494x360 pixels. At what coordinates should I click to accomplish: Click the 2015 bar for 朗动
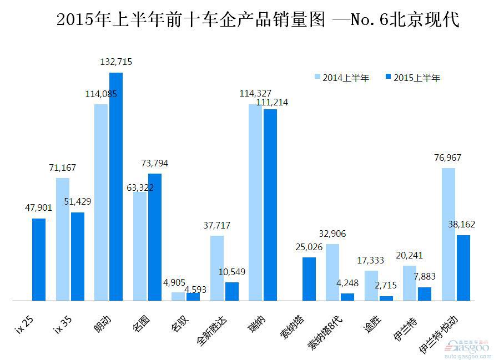click(x=116, y=186)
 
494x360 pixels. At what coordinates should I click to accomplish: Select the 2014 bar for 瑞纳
click(x=255, y=202)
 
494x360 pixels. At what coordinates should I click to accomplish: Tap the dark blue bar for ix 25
click(x=39, y=259)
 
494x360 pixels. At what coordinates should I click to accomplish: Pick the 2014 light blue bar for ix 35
click(x=63, y=239)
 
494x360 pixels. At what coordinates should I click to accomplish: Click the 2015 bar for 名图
click(x=155, y=237)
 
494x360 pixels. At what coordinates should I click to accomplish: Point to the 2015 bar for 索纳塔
click(x=309, y=278)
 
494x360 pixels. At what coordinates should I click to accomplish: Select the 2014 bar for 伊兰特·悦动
click(x=448, y=234)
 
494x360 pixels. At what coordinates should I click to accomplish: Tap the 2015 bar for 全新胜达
click(x=232, y=291)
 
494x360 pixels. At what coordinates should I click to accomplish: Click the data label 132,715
click(x=116, y=62)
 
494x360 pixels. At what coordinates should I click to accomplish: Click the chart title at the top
click(x=258, y=21)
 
